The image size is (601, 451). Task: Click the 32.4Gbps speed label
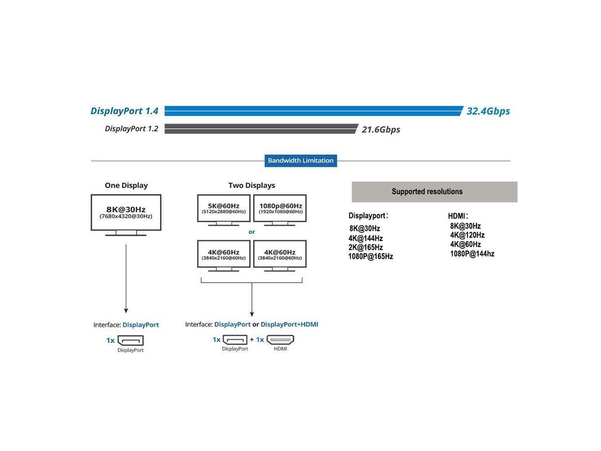(488, 111)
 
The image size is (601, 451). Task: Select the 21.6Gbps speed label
(381, 130)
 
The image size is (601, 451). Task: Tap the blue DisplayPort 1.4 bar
(314, 111)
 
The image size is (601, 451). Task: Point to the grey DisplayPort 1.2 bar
(261, 129)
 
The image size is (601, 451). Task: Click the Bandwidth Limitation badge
(300, 161)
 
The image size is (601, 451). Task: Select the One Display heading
(126, 186)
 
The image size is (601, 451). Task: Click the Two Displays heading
(252, 186)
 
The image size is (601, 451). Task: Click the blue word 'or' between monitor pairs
(252, 232)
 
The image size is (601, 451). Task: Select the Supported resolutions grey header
(434, 192)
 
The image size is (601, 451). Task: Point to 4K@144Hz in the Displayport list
(365, 238)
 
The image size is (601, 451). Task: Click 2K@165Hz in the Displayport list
(365, 247)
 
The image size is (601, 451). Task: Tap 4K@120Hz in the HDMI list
(467, 235)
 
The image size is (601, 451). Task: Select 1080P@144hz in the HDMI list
(472, 254)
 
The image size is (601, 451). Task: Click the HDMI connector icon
(280, 340)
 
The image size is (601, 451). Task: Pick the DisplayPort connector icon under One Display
(131, 341)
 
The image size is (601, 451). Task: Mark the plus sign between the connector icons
(252, 340)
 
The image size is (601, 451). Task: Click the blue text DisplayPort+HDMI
(289, 325)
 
